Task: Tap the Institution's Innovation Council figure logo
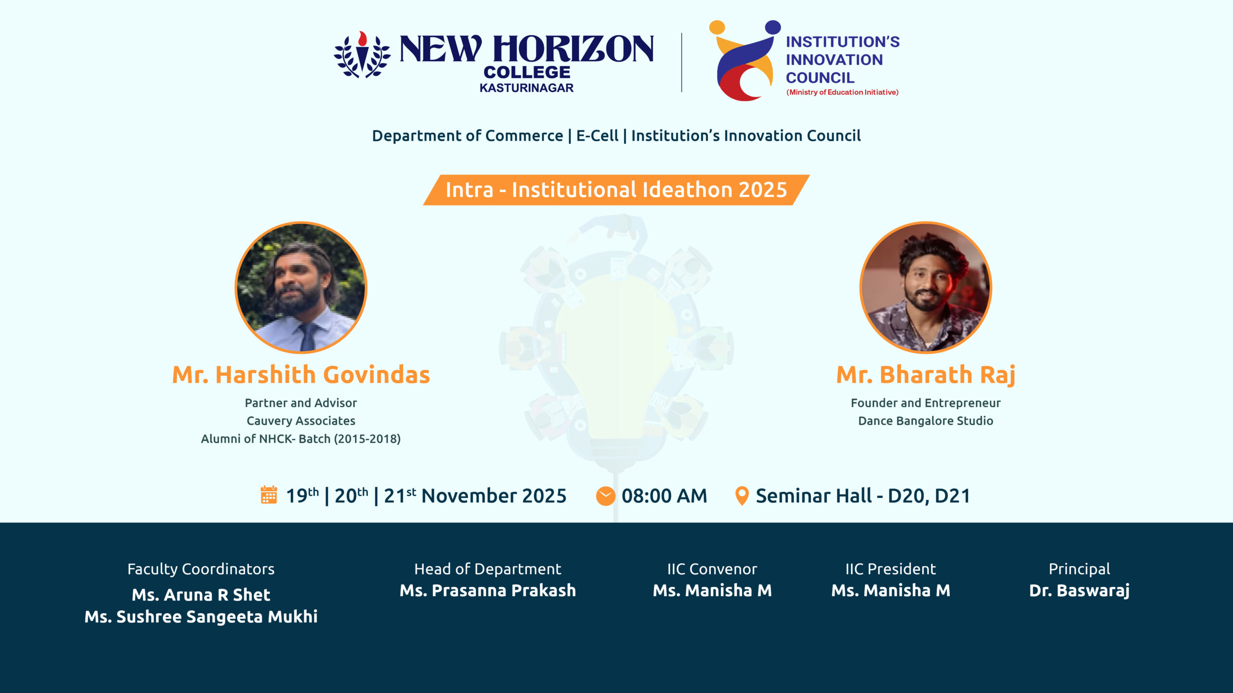point(745,61)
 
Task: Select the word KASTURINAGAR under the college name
point(526,88)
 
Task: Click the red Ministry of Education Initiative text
point(842,92)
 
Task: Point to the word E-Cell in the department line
point(597,136)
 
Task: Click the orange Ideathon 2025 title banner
point(616,190)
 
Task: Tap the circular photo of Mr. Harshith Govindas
point(301,287)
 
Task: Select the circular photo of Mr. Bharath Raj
point(925,287)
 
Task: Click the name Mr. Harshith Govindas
point(301,374)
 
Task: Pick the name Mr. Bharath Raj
point(925,374)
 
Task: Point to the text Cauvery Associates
point(301,421)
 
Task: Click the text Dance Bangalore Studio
point(925,421)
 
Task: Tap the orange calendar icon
point(269,495)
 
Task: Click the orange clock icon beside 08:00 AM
point(605,496)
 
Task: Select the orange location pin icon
point(742,496)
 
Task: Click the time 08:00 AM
point(664,496)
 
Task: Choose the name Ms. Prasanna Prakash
point(487,590)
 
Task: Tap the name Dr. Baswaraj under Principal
point(1079,590)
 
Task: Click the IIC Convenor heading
point(712,569)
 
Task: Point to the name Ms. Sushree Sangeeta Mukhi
point(201,617)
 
